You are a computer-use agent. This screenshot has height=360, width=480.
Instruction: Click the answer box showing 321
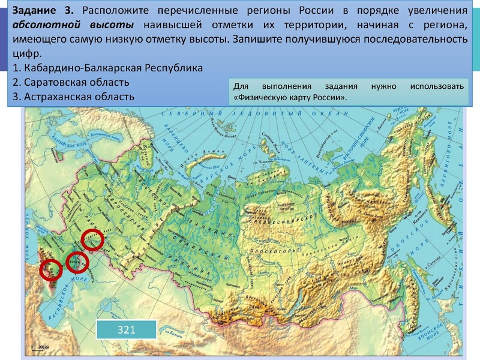[126, 330]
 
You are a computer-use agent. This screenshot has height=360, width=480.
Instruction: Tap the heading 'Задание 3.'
[44, 11]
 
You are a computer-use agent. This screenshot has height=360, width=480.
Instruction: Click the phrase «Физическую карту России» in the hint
[289, 97]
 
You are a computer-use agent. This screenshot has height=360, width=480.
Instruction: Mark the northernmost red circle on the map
[92, 240]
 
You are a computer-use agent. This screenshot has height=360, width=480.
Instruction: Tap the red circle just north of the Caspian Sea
[77, 262]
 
